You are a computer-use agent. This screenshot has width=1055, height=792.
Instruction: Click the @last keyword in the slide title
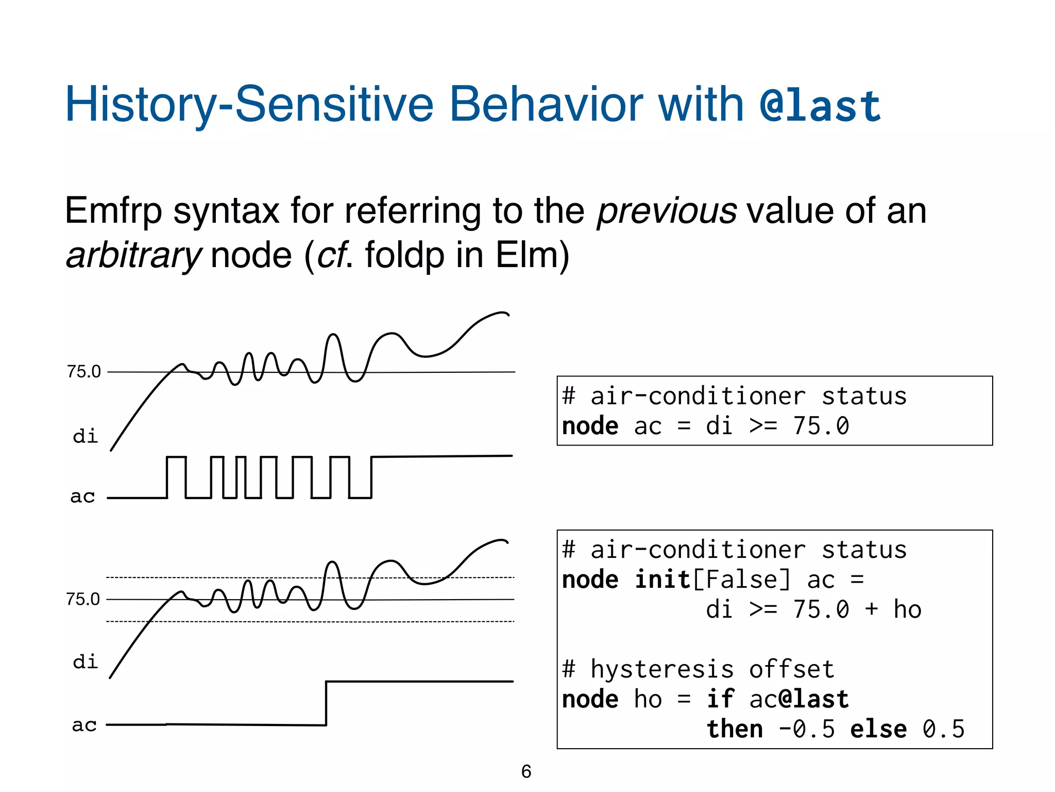[x=820, y=106]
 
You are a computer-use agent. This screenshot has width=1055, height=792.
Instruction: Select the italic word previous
[x=667, y=211]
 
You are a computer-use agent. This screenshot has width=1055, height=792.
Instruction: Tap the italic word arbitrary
[x=133, y=255]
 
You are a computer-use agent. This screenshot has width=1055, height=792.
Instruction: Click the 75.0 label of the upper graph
[x=84, y=372]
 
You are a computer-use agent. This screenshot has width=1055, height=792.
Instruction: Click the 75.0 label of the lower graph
[x=83, y=600]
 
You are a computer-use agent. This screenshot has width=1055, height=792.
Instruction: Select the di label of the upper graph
[x=85, y=436]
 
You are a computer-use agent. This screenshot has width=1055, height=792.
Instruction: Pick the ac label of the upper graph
[x=83, y=497]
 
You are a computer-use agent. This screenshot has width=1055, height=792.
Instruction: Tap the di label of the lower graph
[x=85, y=662]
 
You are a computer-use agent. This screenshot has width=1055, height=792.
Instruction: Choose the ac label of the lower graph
[x=84, y=725]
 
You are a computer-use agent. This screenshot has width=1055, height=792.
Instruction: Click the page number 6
[x=526, y=772]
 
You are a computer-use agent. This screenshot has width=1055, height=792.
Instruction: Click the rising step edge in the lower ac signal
[x=326, y=703]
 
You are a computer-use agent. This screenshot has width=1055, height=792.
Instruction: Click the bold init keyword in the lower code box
[x=662, y=580]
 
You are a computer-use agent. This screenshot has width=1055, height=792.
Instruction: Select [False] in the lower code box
[x=741, y=580]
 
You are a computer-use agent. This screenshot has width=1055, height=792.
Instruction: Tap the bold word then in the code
[x=735, y=729]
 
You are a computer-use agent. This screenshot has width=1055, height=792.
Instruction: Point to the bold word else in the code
[x=878, y=729]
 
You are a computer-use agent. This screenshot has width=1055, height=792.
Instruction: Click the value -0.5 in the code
[x=807, y=729]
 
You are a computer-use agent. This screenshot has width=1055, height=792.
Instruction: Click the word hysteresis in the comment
[x=662, y=669]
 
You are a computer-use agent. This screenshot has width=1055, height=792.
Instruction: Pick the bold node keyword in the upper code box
[x=590, y=426]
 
